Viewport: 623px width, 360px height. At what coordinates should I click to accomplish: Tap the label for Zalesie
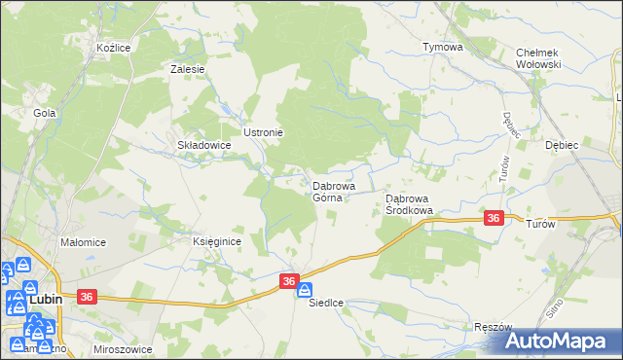(187, 69)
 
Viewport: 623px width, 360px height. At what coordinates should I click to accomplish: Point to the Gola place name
(44, 113)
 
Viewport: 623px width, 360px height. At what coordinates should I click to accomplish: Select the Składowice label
(202, 145)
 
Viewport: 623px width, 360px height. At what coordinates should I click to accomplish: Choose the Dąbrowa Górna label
(333, 191)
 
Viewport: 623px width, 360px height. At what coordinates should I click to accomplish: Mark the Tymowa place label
(442, 47)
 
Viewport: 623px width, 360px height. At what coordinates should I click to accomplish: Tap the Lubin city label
(46, 300)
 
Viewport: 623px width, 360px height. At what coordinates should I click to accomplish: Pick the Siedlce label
(327, 303)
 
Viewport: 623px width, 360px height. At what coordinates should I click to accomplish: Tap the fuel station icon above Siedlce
(305, 290)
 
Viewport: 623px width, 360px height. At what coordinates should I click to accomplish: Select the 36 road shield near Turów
(494, 219)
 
